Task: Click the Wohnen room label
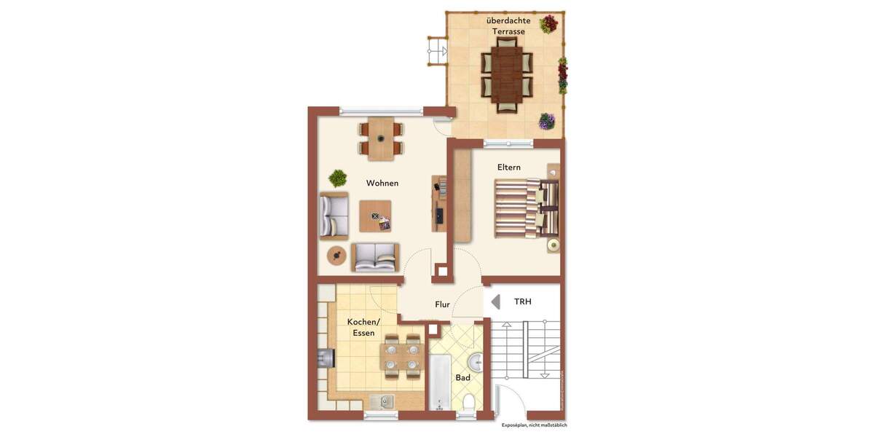coord(382,183)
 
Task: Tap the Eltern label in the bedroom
coord(509,167)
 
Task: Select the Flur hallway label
coord(443,305)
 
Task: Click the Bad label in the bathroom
coord(462,377)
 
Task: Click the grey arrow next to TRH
coord(495,302)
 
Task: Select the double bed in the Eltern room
coord(526,208)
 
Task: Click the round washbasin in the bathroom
coord(476,361)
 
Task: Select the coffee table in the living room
coord(375,216)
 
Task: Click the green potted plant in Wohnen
coord(337,177)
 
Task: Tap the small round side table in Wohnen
coord(336,255)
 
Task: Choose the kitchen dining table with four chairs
coord(403,355)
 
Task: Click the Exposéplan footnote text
coord(535,425)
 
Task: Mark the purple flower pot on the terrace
coord(546,121)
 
